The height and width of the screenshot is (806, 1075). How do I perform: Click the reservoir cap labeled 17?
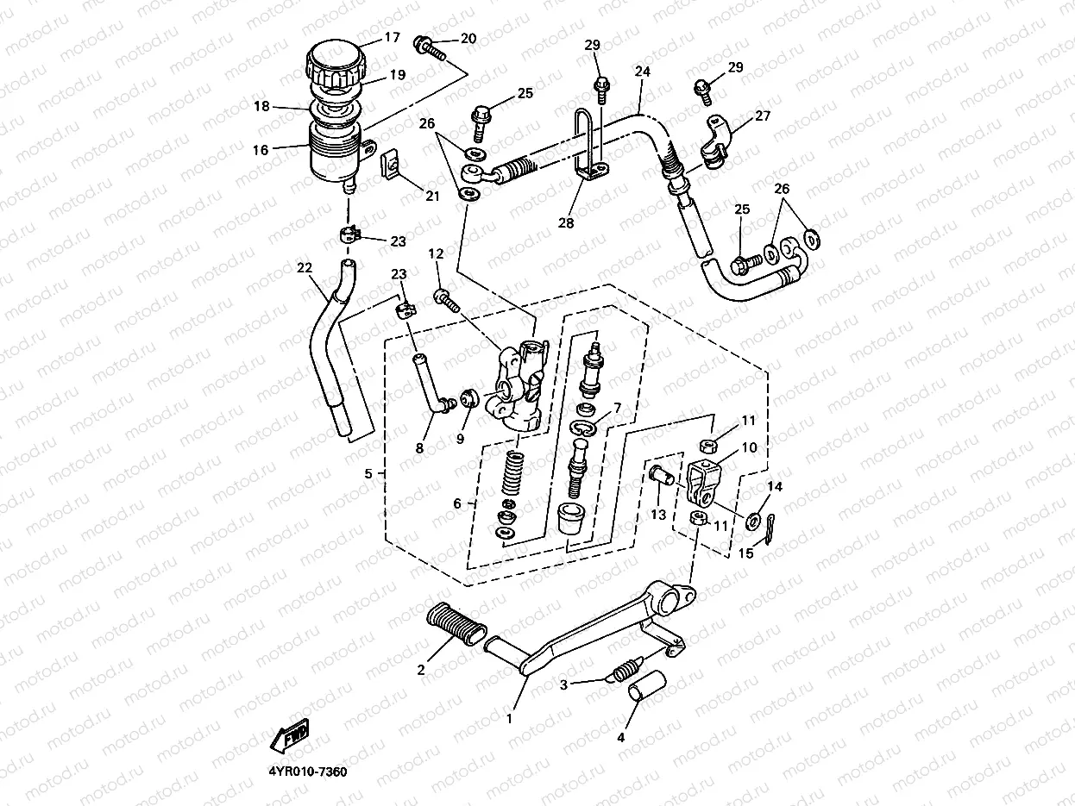(x=335, y=62)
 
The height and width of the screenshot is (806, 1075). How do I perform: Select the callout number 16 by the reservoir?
(x=260, y=149)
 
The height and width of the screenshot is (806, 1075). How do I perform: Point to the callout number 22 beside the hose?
(x=304, y=268)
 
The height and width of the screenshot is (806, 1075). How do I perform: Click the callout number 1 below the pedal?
(x=509, y=717)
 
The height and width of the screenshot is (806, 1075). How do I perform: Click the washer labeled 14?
(x=754, y=520)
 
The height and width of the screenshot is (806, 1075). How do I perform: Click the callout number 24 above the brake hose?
(x=642, y=73)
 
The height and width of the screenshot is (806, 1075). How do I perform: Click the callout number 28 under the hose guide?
(x=565, y=222)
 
